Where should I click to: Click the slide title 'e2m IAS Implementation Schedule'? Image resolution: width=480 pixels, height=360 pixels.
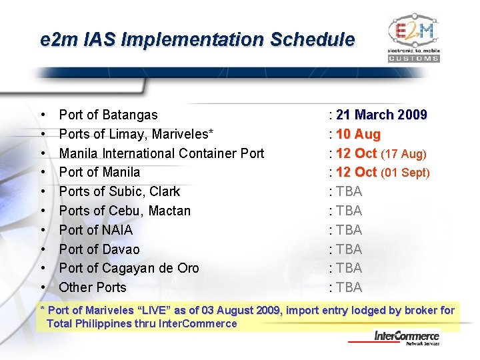[x=197, y=40]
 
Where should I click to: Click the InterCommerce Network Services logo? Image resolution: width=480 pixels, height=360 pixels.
[x=406, y=338]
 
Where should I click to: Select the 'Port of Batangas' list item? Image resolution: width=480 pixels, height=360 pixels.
[x=108, y=115]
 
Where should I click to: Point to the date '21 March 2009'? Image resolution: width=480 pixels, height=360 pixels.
[x=382, y=115]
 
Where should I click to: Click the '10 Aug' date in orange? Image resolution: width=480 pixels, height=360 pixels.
[x=359, y=135]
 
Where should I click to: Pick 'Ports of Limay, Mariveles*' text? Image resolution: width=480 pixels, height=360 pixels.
[x=136, y=135]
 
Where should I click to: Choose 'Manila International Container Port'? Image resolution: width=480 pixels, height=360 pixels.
[x=161, y=154]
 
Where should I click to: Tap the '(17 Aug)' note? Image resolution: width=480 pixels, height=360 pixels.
[x=404, y=154]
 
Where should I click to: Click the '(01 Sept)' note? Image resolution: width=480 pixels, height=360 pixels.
[x=405, y=173]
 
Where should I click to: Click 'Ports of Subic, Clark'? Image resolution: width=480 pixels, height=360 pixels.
[x=119, y=192]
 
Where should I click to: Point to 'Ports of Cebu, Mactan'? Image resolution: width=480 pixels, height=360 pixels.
[x=125, y=211]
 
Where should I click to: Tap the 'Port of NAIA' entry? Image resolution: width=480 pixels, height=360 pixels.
[x=96, y=230]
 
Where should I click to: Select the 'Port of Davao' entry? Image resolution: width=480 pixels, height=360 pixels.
[x=99, y=249]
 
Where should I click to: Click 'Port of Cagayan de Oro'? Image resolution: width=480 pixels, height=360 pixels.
[x=129, y=268]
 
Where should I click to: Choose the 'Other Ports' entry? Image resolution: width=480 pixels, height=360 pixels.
[x=93, y=287]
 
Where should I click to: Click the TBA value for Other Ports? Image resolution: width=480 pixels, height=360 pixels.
[x=349, y=287]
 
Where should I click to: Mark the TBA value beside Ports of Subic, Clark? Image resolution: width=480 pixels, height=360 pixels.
[x=349, y=192]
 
